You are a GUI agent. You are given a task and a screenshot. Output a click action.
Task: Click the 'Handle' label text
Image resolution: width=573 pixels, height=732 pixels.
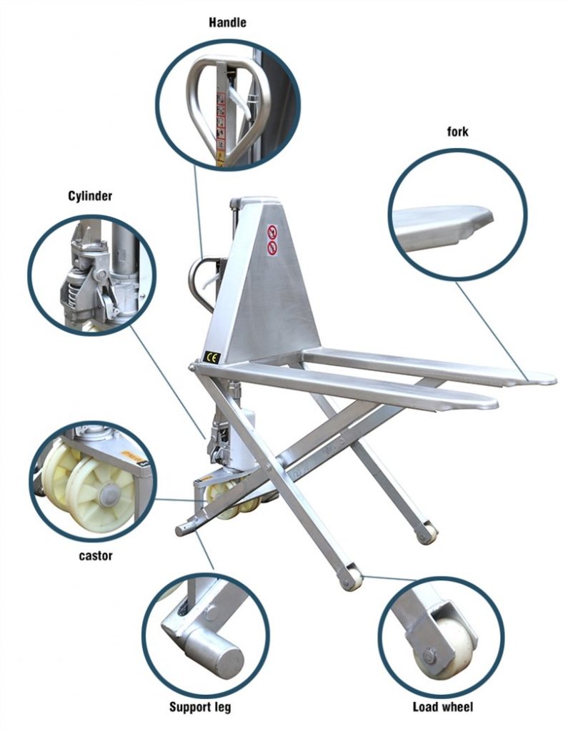click(x=227, y=22)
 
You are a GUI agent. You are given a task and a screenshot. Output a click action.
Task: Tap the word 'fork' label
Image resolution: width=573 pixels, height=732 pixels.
click(x=458, y=132)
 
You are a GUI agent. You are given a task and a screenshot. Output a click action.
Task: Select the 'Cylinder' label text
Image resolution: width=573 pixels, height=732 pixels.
click(x=90, y=195)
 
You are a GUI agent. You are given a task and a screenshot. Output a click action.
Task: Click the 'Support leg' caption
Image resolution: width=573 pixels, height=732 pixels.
click(x=200, y=708)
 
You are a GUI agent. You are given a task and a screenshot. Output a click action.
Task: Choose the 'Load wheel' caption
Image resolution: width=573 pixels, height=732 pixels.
click(x=443, y=708)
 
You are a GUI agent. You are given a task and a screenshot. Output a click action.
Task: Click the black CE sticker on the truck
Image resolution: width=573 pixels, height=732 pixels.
click(x=212, y=358)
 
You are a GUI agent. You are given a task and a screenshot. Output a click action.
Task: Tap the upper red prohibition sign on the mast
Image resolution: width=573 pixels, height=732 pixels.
click(x=272, y=232)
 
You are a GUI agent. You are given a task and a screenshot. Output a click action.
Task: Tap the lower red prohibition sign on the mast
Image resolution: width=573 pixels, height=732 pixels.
click(x=272, y=247)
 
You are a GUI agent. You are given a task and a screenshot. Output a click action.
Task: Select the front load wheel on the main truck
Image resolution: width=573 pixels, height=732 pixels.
click(x=351, y=578)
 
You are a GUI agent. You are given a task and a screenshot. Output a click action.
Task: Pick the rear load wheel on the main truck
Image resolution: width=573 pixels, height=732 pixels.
click(x=428, y=533)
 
